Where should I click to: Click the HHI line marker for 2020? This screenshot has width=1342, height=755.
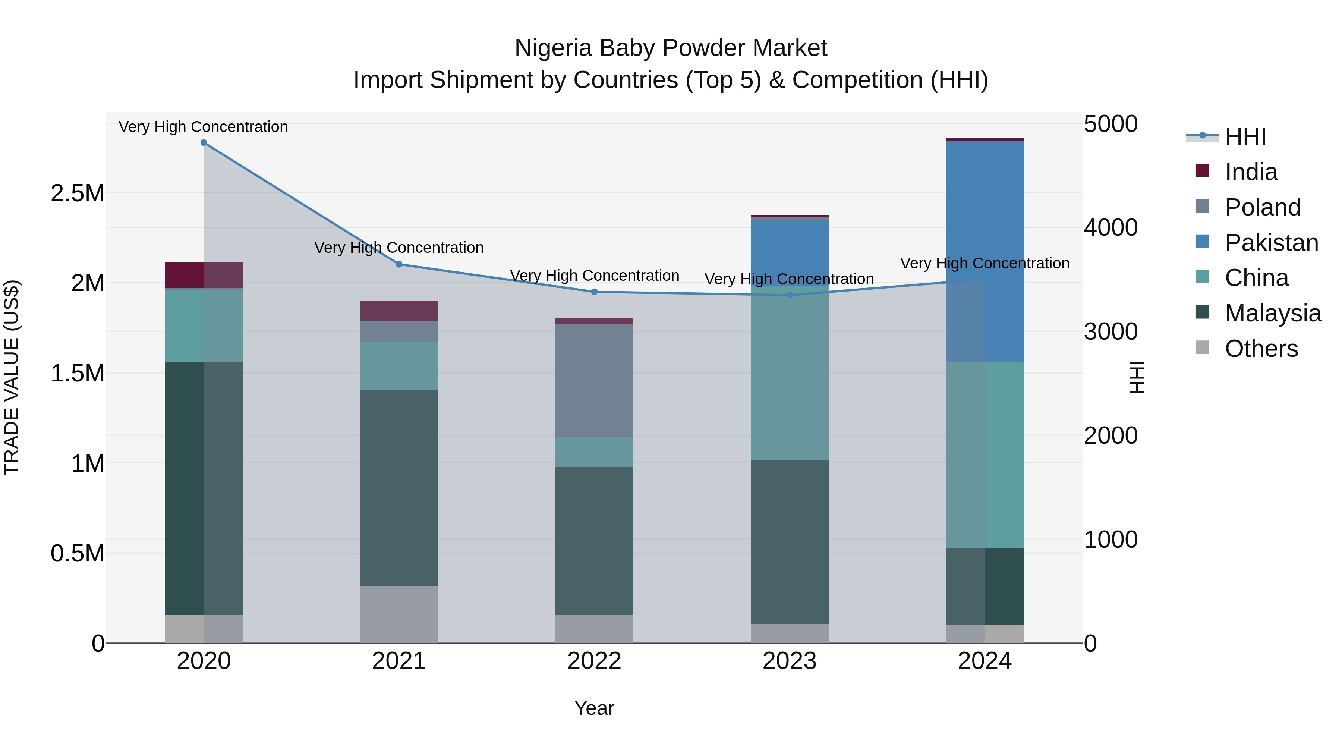(204, 143)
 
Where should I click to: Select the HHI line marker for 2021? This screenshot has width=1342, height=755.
(399, 264)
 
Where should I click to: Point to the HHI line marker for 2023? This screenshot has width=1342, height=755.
(789, 295)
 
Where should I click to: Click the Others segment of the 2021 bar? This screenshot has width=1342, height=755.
(399, 614)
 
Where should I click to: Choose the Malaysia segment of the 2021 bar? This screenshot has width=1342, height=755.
(399, 488)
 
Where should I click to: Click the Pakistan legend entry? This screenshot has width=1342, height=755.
(1271, 243)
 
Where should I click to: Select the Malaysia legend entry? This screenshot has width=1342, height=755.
(1273, 313)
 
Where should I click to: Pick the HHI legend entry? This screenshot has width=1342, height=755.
(1245, 136)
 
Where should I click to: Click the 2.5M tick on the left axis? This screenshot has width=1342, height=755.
(78, 193)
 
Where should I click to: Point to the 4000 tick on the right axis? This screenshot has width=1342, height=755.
(1111, 228)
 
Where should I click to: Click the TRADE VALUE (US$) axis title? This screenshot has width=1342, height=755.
(12, 377)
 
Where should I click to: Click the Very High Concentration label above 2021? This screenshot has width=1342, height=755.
(399, 248)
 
